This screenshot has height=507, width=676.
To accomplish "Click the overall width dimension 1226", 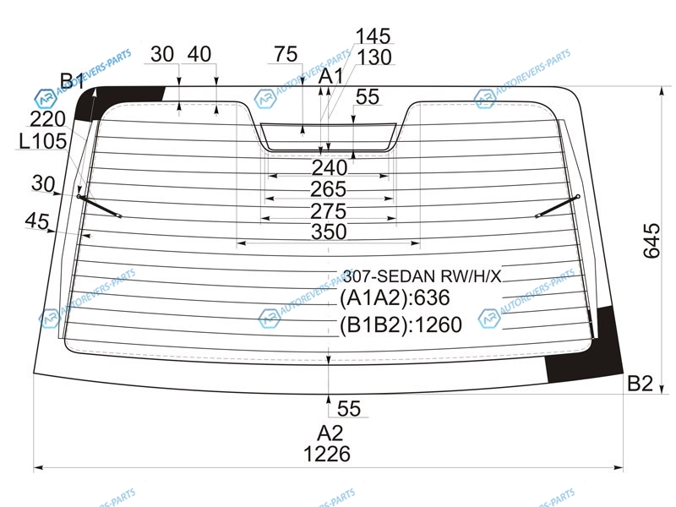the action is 327,454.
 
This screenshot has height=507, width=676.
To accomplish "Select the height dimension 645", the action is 651,241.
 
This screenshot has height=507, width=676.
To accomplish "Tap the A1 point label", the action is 331,76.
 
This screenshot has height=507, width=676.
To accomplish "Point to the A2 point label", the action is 330,433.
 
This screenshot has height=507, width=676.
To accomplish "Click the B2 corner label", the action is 641,384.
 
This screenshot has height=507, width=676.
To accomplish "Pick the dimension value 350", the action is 329,232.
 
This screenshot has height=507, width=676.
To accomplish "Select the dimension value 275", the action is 329,211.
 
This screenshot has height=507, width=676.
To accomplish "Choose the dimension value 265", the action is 329,189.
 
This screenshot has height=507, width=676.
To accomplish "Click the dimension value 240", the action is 330,167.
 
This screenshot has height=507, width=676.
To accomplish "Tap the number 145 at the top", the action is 373,36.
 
